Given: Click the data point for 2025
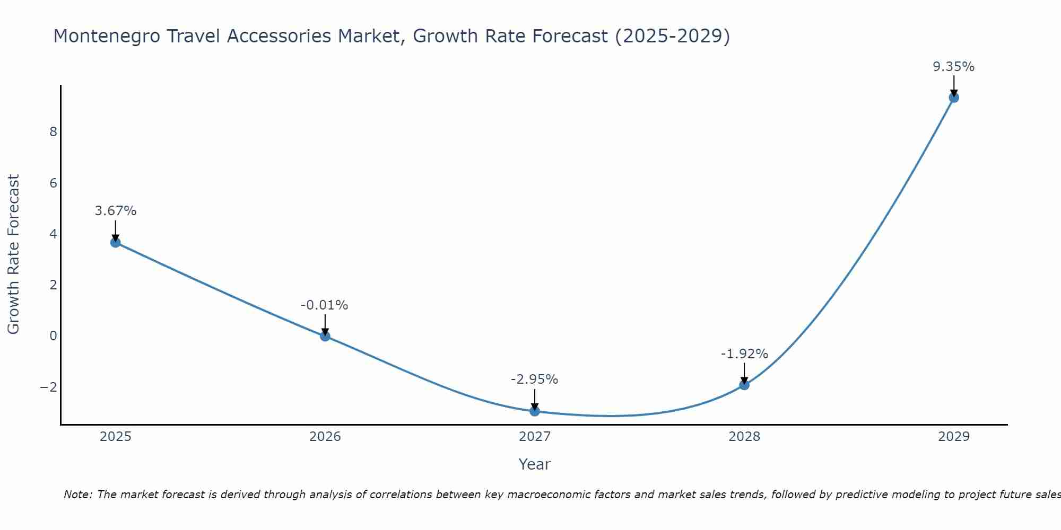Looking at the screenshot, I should tap(116, 242).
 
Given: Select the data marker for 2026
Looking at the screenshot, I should tap(325, 336).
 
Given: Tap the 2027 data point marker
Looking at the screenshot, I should tap(535, 411).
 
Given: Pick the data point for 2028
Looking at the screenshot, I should tap(744, 385).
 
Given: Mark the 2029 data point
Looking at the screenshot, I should tap(954, 98).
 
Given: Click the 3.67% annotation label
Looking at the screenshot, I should tap(116, 211).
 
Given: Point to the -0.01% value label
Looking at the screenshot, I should tap(324, 305).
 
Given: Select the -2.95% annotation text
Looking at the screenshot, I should tap(534, 379).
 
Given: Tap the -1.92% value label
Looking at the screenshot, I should tap(744, 354).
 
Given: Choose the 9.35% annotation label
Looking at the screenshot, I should tap(953, 67).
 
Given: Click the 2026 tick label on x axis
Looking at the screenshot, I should tap(325, 437).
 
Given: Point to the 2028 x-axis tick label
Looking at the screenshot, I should tap(744, 437).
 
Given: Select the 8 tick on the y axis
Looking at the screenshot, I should tap(53, 132).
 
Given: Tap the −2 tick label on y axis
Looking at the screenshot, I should tap(49, 387).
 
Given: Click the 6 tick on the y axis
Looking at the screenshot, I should tap(53, 183).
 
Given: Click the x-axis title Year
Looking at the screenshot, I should tap(535, 464).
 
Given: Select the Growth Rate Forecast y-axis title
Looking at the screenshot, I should tap(14, 254).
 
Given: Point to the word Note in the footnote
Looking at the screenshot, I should tap(77, 494).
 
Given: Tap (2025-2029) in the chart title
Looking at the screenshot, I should tap(672, 36).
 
